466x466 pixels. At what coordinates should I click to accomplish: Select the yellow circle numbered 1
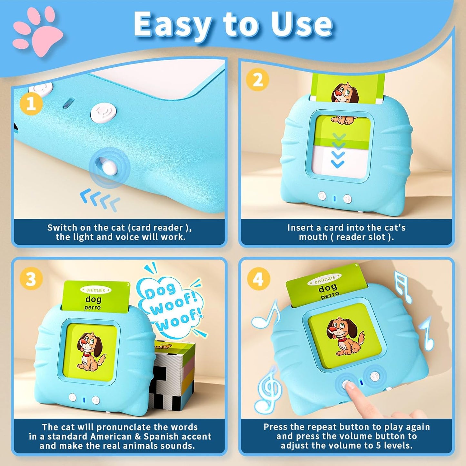click(31, 104)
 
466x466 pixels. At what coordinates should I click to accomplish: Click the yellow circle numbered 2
click(257, 79)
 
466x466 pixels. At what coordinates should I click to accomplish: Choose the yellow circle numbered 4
click(258, 279)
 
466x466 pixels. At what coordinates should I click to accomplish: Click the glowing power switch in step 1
click(109, 167)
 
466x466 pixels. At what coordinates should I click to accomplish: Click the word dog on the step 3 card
click(93, 299)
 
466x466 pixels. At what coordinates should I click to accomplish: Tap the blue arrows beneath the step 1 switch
click(100, 200)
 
